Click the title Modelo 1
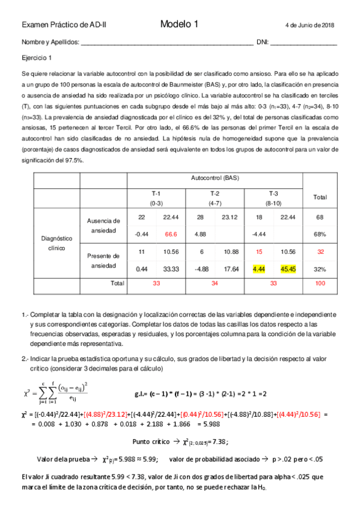tap(179, 24)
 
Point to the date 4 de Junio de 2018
tap(310, 25)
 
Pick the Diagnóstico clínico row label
tap(56, 243)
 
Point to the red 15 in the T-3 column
tap(260, 251)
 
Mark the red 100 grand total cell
tap(320, 283)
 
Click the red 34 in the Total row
tap(215, 283)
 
